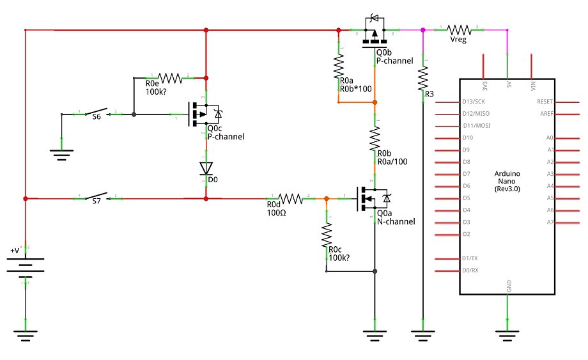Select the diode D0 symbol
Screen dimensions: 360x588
[x=206, y=168]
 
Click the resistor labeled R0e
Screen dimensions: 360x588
[x=169, y=78]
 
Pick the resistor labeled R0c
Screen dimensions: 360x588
[x=327, y=235]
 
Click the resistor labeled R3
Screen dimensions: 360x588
[x=422, y=79]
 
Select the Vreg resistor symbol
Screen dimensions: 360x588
[x=459, y=29]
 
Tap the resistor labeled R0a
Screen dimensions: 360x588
[x=339, y=66]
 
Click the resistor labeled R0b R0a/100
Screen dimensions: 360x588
[x=375, y=139]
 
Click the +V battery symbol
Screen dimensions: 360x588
[x=25, y=263]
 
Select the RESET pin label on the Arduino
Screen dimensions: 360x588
[x=544, y=102]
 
